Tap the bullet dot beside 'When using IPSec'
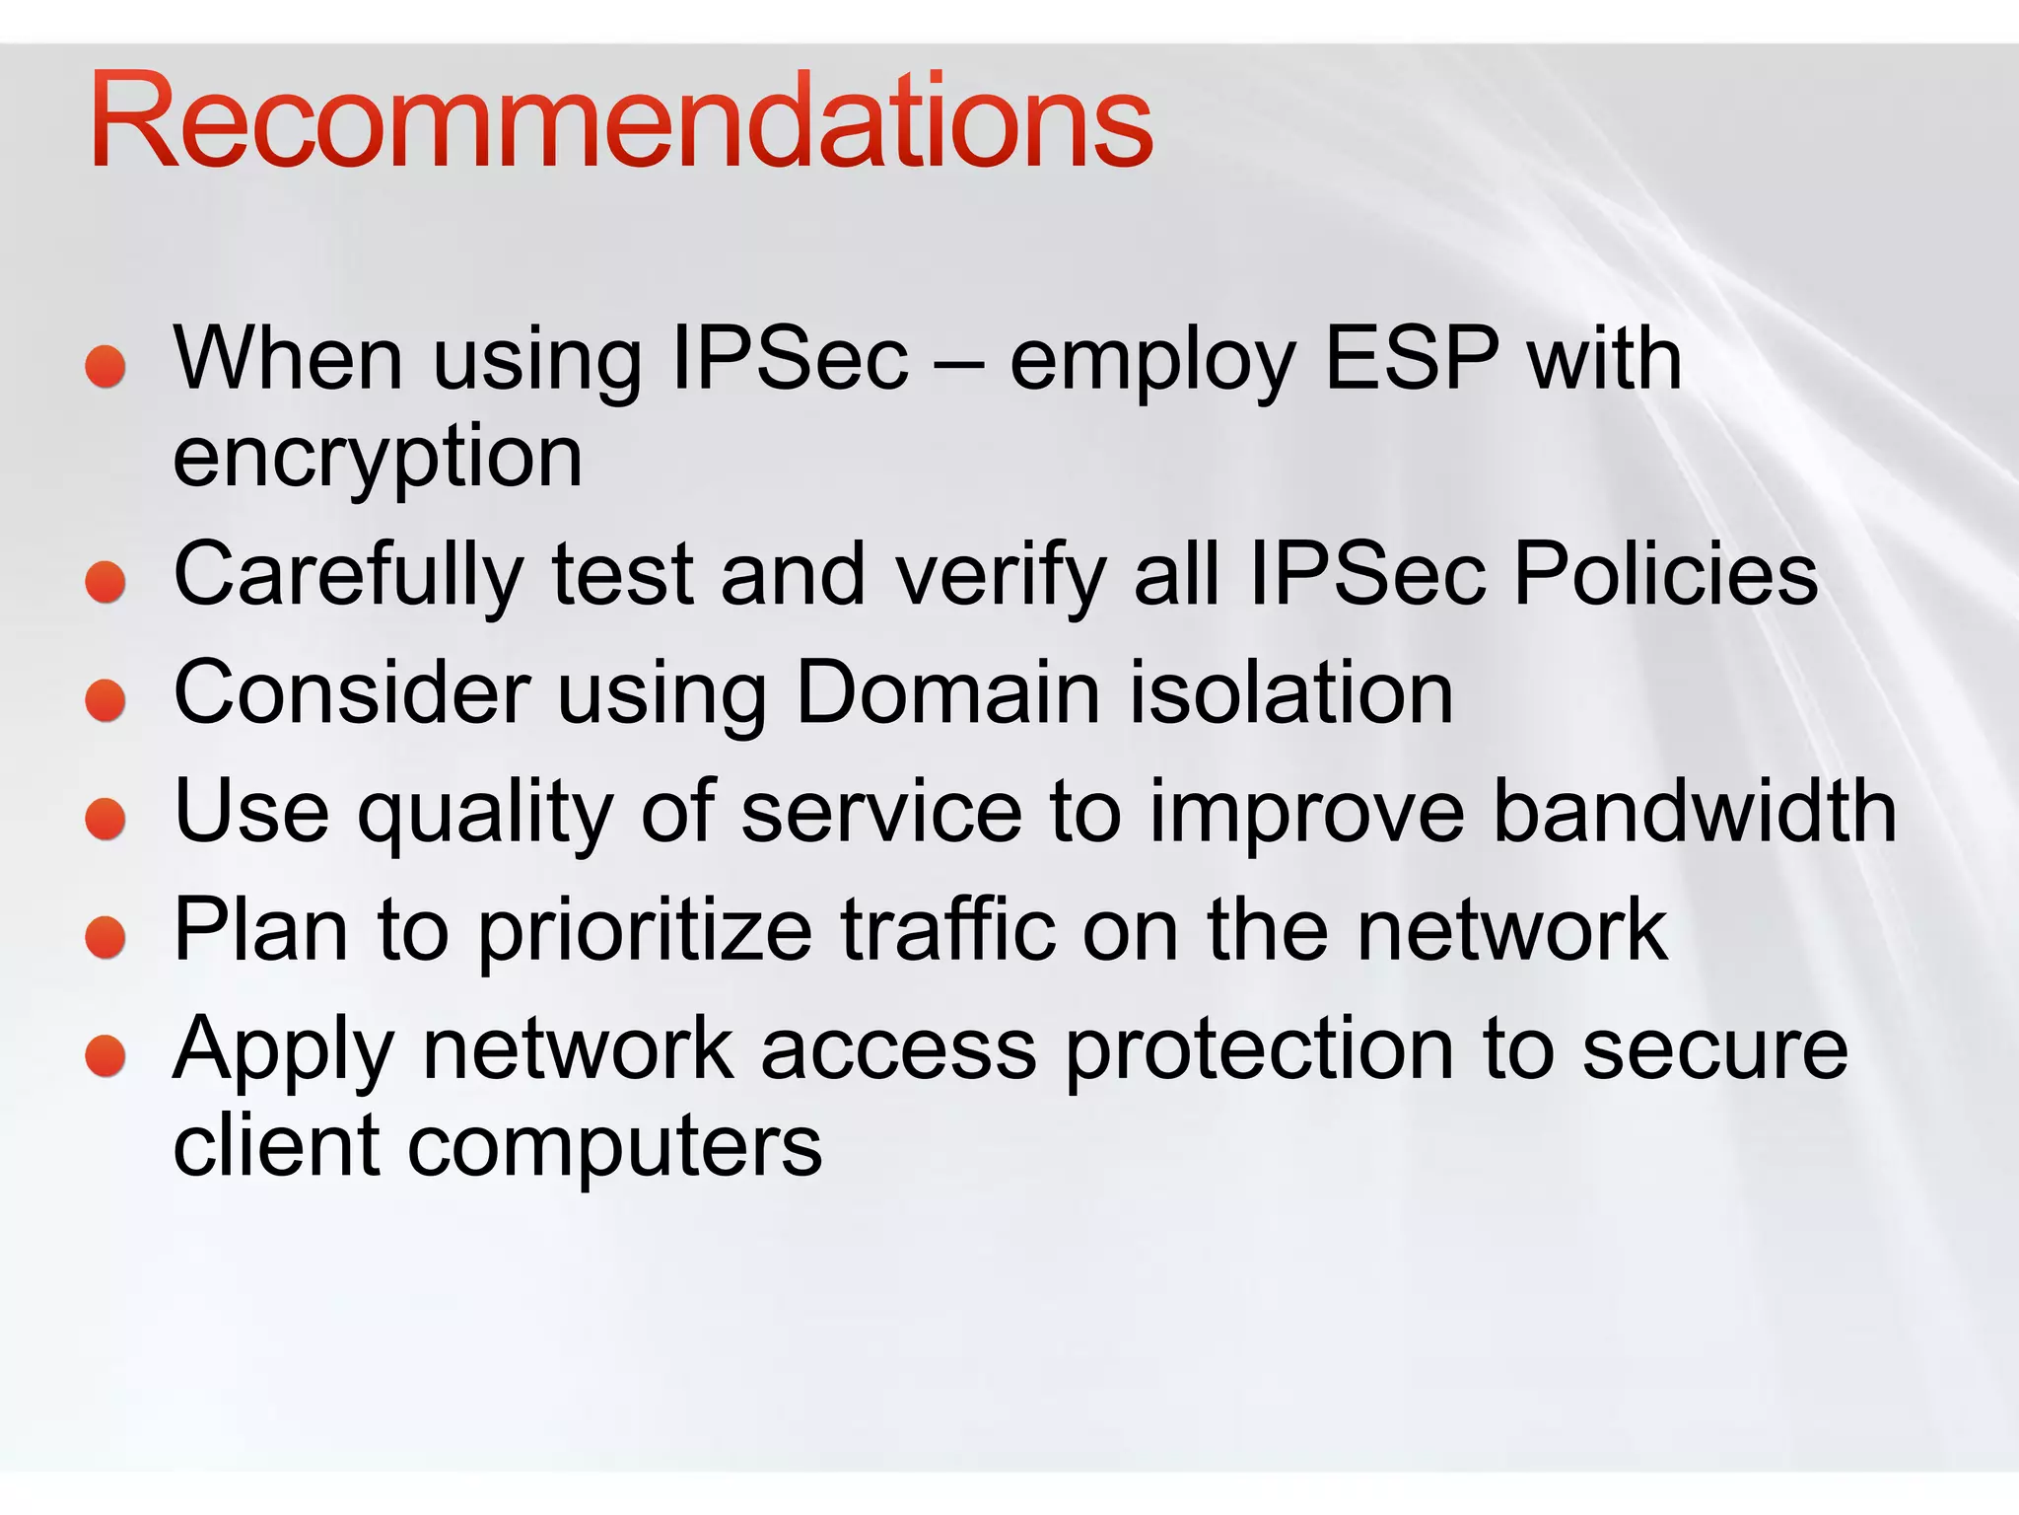point(105,367)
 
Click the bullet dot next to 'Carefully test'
point(105,582)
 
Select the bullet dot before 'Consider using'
point(105,701)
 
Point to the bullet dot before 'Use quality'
point(105,820)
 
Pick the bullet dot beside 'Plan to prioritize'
point(105,938)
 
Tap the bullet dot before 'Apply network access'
point(105,1056)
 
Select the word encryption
point(378,460)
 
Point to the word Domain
point(947,692)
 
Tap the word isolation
point(1291,692)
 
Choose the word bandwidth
point(1695,811)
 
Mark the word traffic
point(947,929)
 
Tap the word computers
point(614,1150)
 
